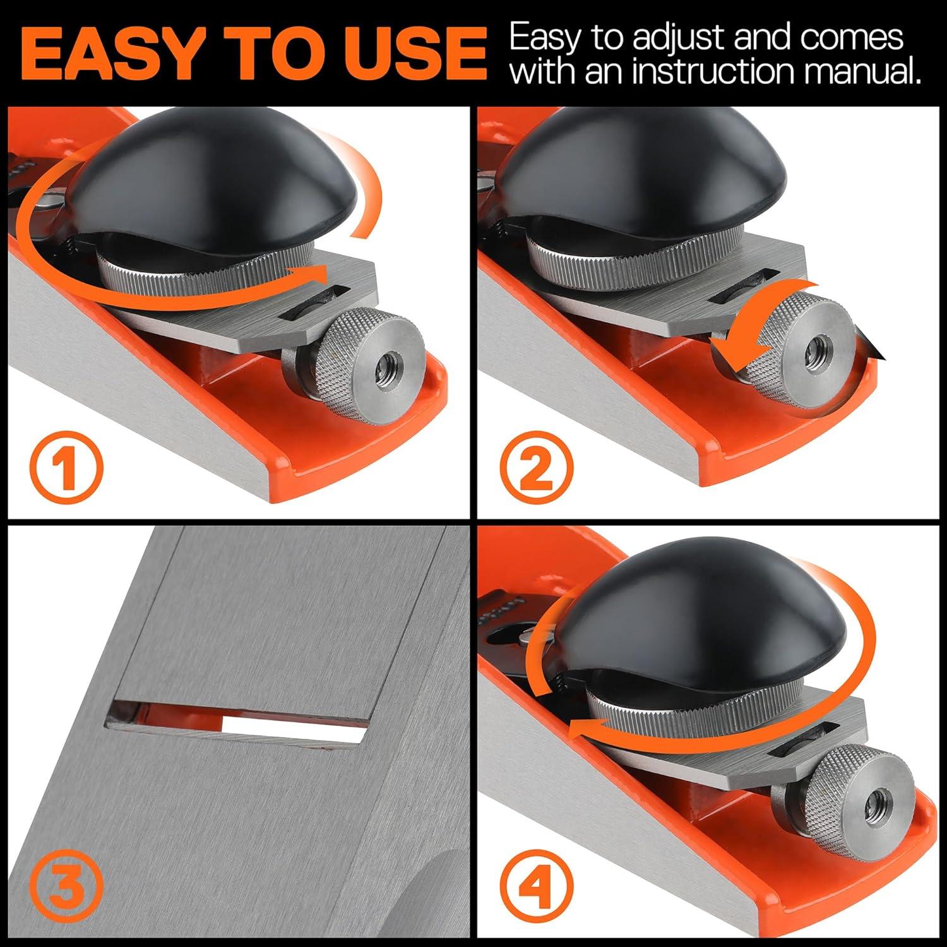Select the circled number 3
click(66, 888)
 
